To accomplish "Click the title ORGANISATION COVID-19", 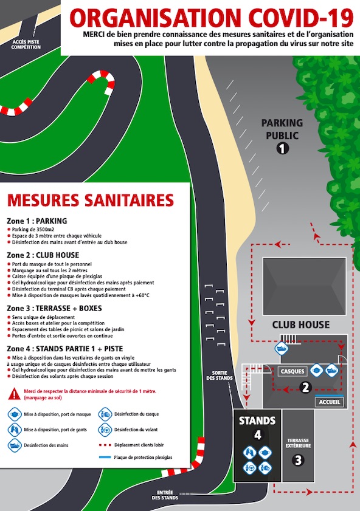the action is click(x=211, y=18).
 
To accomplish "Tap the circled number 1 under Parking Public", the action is click(x=282, y=149).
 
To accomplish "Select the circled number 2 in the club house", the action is click(x=305, y=388).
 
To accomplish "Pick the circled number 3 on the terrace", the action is click(x=298, y=460).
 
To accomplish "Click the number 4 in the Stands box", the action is click(x=258, y=435).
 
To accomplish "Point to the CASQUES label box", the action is click(x=292, y=371).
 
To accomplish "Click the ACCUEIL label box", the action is click(x=330, y=402).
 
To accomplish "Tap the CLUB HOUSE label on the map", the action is click(x=300, y=324).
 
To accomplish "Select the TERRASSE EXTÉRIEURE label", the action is click(x=298, y=443).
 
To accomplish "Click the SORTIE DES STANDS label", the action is click(x=220, y=376).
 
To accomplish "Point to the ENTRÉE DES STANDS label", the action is click(x=165, y=495).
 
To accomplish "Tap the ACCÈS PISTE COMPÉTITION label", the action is click(x=26, y=44).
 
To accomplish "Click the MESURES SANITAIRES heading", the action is click(x=91, y=200).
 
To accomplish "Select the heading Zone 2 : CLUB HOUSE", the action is click(x=43, y=255).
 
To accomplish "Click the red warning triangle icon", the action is click(x=15, y=394).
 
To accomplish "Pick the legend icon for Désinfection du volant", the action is click(x=105, y=430).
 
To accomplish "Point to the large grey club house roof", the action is click(x=304, y=286).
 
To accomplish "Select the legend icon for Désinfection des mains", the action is click(x=15, y=445).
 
